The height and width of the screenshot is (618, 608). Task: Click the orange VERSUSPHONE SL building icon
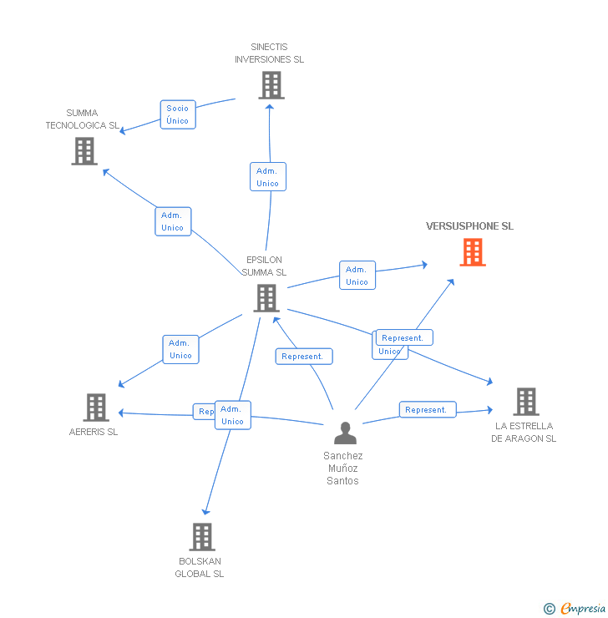(473, 252)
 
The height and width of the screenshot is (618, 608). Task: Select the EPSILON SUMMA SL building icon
(266, 298)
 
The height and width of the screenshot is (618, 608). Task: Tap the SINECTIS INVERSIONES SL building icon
(271, 85)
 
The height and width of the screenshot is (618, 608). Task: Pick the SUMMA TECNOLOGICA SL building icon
(84, 151)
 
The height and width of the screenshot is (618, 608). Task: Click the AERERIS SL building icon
(96, 408)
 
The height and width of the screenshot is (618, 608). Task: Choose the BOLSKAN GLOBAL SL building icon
(202, 537)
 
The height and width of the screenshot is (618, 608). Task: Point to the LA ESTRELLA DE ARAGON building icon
(525, 402)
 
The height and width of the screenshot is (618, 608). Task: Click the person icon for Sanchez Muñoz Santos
(345, 433)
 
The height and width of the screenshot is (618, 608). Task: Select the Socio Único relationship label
(177, 114)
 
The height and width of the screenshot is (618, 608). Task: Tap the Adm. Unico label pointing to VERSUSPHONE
(357, 276)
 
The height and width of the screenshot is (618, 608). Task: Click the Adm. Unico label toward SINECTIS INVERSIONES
(267, 177)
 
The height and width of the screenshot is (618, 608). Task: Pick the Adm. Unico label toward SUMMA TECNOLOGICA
(172, 221)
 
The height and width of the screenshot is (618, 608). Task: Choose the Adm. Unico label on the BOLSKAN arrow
(232, 415)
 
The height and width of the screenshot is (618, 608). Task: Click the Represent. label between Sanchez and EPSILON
(303, 357)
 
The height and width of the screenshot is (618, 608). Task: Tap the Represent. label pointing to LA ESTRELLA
(427, 410)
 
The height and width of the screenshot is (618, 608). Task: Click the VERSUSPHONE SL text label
(469, 226)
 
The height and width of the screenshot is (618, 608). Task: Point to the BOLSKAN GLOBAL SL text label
(200, 568)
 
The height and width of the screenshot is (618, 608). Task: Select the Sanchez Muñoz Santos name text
(343, 469)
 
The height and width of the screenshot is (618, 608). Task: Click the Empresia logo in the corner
(582, 609)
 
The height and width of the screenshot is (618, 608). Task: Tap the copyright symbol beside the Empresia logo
(549, 609)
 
